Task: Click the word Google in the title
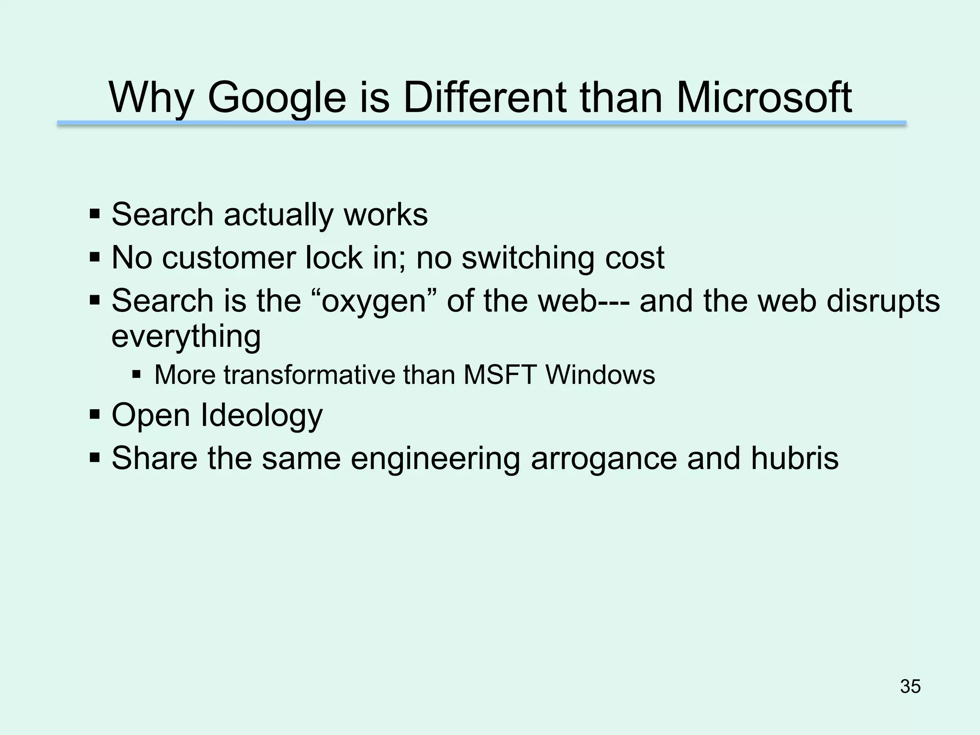click(x=276, y=99)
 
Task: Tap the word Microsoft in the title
click(x=764, y=98)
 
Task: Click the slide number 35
click(x=910, y=686)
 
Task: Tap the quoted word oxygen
click(x=374, y=302)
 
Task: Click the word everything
click(x=186, y=337)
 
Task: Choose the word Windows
click(x=601, y=375)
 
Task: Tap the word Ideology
click(x=261, y=415)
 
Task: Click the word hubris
click(x=794, y=458)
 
